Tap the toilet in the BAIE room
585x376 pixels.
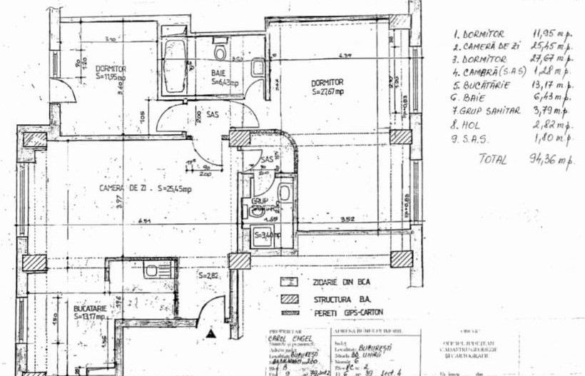click(220, 51)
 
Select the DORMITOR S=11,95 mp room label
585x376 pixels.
click(111, 71)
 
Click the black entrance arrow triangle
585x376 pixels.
click(210, 332)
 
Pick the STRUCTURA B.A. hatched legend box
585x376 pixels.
click(288, 298)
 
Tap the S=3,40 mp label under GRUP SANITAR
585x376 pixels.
click(268, 234)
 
